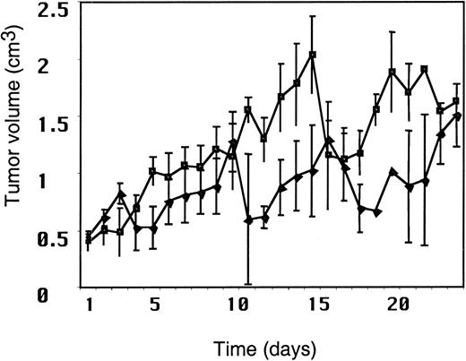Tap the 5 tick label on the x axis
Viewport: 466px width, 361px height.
pyautogui.click(x=153, y=305)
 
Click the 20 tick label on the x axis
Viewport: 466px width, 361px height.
pyautogui.click(x=393, y=305)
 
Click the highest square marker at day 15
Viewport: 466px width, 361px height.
pyautogui.click(x=313, y=55)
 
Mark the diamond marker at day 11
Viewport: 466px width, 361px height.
pyautogui.click(x=248, y=219)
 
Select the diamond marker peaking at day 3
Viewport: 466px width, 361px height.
pyautogui.click(x=121, y=193)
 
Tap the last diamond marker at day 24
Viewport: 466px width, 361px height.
pyautogui.click(x=458, y=116)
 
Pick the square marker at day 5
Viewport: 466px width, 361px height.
pyautogui.click(x=152, y=170)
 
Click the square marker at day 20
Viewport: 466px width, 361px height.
pyautogui.click(x=393, y=72)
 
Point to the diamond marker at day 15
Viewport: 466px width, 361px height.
pyautogui.click(x=313, y=169)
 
